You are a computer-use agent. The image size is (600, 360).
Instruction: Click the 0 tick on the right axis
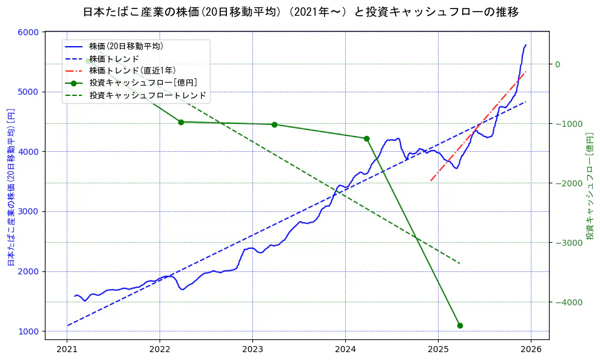(x=558, y=64)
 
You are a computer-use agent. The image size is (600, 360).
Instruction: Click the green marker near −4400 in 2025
(x=460, y=325)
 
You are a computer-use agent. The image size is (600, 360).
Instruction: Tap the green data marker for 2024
(x=366, y=138)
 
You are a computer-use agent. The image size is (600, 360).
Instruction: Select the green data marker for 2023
(x=274, y=124)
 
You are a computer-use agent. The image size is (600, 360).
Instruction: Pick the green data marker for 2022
(x=181, y=122)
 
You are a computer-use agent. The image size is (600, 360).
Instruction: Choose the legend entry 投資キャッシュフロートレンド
(x=147, y=95)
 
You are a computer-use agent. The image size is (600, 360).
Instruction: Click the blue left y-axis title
(x=10, y=187)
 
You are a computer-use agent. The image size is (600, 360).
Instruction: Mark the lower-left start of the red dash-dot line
(x=431, y=180)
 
